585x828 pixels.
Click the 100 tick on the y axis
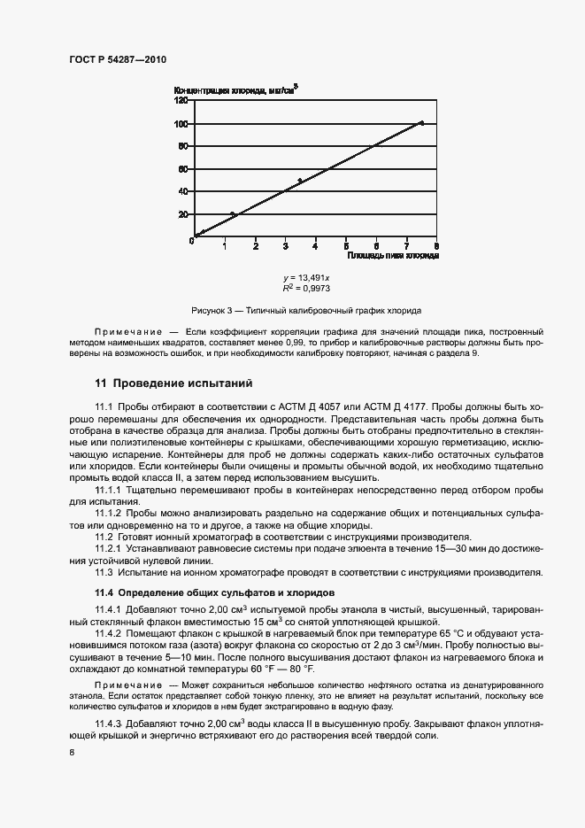tap(182, 124)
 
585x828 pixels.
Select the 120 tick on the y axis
tap(182, 100)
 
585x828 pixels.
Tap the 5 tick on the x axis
tap(346, 245)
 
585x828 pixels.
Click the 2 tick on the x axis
tap(256, 245)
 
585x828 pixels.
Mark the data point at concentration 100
tap(421, 123)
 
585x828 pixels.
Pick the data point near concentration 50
tap(300, 181)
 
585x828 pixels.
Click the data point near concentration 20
tap(233, 214)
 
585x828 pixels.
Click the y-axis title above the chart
tap(236, 89)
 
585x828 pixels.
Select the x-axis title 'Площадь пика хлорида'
tap(392, 255)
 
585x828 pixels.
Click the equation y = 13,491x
tap(300, 278)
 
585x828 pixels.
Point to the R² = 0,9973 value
tap(300, 289)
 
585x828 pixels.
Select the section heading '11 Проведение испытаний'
tap(173, 383)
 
